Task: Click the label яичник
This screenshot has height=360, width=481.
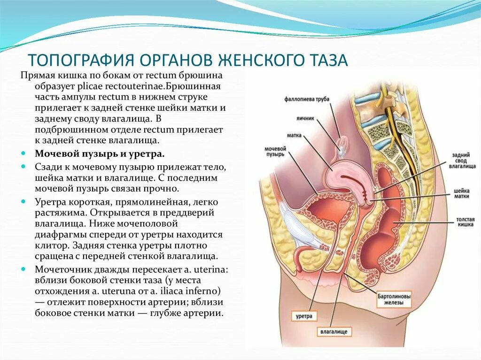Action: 305,119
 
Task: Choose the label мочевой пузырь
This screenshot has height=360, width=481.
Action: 275,151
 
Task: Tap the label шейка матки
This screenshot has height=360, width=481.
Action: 462,193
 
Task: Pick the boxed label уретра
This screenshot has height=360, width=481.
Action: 304,316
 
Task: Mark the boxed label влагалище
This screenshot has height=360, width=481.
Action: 334,332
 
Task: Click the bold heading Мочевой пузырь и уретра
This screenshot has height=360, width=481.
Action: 99,154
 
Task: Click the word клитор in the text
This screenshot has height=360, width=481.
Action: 48,245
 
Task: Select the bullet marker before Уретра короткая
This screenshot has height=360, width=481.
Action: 24,201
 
